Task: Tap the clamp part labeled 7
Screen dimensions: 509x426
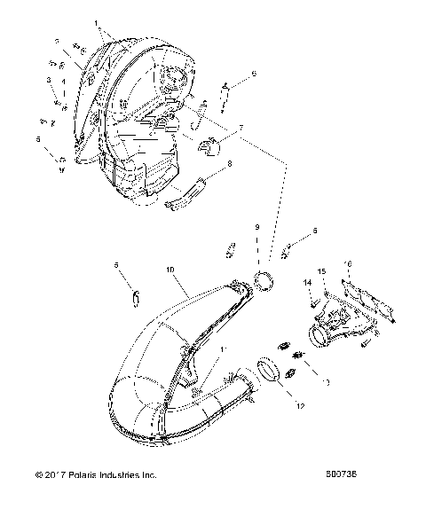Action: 211,146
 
